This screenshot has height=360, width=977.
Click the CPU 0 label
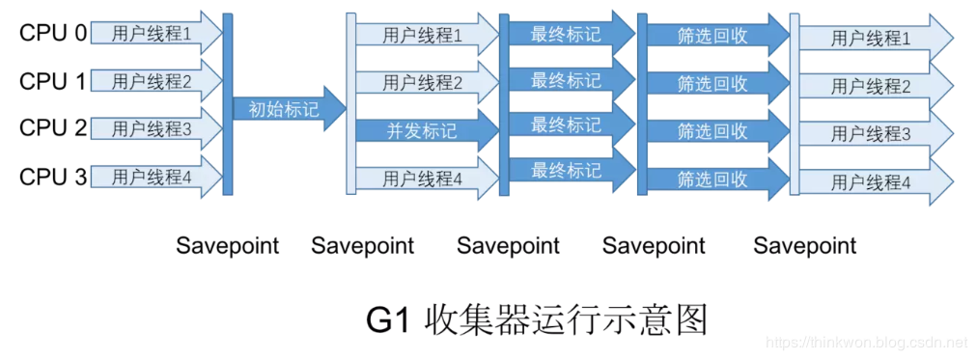tap(53, 34)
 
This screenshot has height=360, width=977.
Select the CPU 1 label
tap(53, 81)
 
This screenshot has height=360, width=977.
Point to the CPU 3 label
tap(53, 177)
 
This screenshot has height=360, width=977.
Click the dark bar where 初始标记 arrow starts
tap(228, 104)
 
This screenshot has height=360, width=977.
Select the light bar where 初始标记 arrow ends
tap(351, 104)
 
